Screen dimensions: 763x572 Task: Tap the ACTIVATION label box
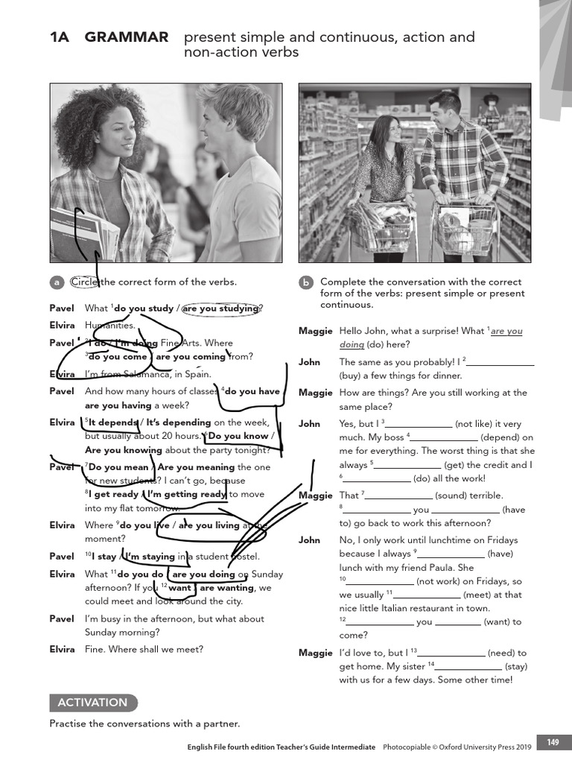[93, 703]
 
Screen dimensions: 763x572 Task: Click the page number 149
[553, 742]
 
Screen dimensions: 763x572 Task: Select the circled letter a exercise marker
[57, 282]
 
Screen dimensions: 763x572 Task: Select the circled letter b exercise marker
[306, 282]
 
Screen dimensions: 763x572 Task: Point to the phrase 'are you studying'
[221, 308]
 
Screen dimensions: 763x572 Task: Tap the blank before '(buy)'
[500, 363]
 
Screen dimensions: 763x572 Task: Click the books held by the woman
[83, 235]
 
